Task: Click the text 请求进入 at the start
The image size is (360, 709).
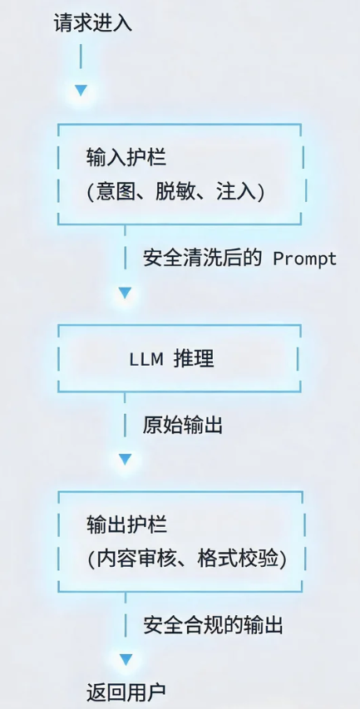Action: (x=93, y=22)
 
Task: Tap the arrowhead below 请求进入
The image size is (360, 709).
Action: (x=81, y=91)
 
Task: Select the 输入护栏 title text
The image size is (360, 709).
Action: (x=126, y=158)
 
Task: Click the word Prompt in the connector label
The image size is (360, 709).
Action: (x=305, y=258)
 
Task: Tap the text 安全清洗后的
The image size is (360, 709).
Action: (x=202, y=258)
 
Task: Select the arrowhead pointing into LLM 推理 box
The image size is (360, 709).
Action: (x=125, y=293)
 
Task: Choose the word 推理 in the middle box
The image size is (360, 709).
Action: (x=194, y=358)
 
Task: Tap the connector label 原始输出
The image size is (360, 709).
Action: (x=183, y=426)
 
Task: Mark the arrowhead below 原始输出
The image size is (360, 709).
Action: (x=126, y=460)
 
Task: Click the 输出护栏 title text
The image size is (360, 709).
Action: (x=126, y=525)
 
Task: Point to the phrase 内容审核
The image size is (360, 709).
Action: (x=135, y=559)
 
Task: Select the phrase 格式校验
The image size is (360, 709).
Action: (x=238, y=559)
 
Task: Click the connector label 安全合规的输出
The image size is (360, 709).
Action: (x=213, y=625)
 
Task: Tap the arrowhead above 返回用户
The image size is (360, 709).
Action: (x=126, y=659)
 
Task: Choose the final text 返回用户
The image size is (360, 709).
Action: (x=126, y=692)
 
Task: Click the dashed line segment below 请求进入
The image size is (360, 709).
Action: (x=81, y=56)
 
